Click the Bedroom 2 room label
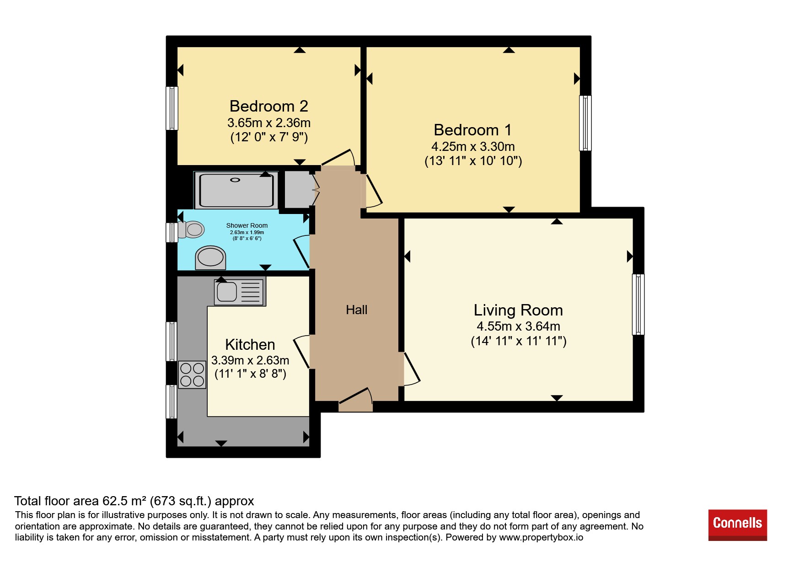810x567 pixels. (x=268, y=106)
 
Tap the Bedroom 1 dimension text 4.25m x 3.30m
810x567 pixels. (x=473, y=147)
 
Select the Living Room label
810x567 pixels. (x=518, y=310)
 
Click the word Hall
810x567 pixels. (x=356, y=310)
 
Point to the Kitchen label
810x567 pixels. (x=250, y=344)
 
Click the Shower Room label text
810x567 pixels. (x=247, y=225)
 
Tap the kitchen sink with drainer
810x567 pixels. (x=240, y=292)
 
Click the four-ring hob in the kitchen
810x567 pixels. (x=192, y=374)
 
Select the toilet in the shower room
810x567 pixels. (x=191, y=230)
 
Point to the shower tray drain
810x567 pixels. (x=235, y=180)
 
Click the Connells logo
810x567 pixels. (x=737, y=525)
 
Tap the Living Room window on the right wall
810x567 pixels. (x=638, y=305)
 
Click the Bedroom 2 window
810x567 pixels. (x=172, y=108)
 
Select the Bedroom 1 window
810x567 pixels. (x=585, y=123)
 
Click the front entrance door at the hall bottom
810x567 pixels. (x=355, y=400)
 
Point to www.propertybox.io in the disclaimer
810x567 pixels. (x=541, y=537)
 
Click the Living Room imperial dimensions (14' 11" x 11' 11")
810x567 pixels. (x=519, y=341)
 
